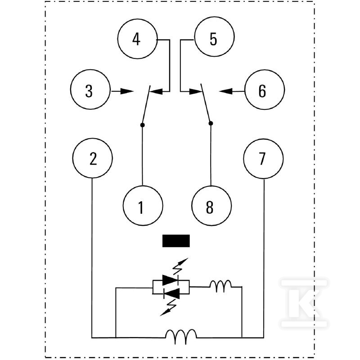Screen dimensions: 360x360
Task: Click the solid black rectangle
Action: [x=176, y=241]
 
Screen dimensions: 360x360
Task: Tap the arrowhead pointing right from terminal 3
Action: [x=127, y=91]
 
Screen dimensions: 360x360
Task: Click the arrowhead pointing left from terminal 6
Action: [x=226, y=91]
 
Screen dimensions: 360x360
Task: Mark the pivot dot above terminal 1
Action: [x=142, y=125]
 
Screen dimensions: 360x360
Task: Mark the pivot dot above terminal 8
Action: [x=211, y=123]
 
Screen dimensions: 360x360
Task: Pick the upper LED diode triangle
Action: [x=170, y=280]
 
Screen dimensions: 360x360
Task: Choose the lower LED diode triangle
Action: [x=171, y=293]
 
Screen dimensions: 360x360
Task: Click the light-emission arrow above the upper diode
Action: [x=181, y=266]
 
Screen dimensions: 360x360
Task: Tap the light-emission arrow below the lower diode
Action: [x=168, y=308]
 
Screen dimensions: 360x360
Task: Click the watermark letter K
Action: [x=304, y=302]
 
